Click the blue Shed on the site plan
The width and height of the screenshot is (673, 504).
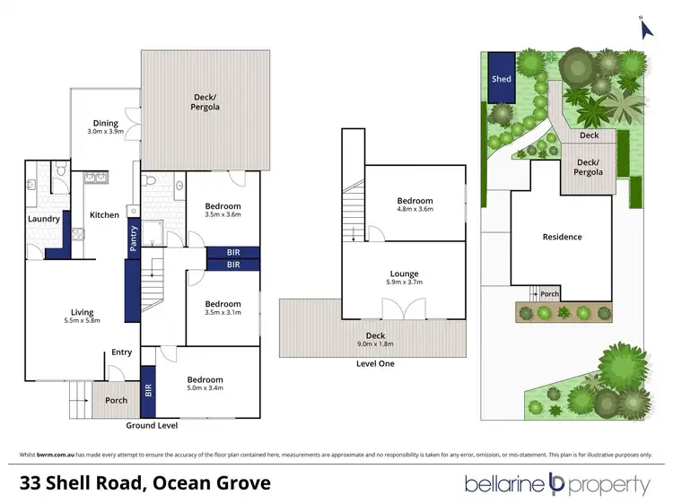coord(502,78)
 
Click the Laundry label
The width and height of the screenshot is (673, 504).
coord(44,219)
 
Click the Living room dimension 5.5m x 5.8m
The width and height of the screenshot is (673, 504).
coord(83,320)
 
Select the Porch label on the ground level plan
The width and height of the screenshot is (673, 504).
coord(116,400)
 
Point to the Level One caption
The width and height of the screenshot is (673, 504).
coord(374,363)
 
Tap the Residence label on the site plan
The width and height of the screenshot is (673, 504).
coord(563,237)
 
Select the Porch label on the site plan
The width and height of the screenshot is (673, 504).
coord(549,293)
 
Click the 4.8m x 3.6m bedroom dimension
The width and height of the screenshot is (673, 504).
coord(415,210)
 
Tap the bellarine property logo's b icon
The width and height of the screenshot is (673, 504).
coord(555,485)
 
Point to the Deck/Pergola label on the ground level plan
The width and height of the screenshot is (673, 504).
coord(206,101)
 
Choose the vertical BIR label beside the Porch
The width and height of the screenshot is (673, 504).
coord(148,390)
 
